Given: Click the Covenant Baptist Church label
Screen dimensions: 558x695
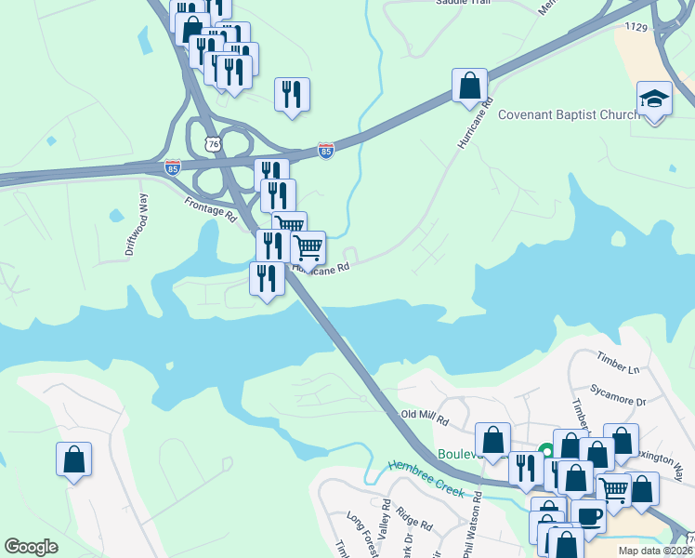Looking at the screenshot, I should (x=569, y=114).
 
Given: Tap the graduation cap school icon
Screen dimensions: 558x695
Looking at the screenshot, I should (x=654, y=100).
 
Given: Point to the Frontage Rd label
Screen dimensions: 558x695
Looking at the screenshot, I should (x=211, y=207).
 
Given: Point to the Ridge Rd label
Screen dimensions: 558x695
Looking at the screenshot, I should (x=414, y=519).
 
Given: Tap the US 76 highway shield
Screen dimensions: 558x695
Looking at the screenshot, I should (x=214, y=144).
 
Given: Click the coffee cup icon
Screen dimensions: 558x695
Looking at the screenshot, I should (x=587, y=514).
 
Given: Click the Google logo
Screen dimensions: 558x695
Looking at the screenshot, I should (x=31, y=547).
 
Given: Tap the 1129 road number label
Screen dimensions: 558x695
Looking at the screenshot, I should (x=636, y=27).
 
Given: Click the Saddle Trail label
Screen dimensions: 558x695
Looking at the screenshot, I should (x=463, y=3).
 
